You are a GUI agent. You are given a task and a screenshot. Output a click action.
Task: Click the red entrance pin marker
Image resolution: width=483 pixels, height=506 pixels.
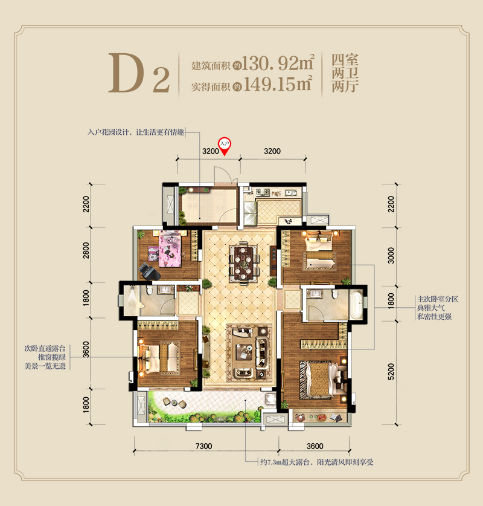click(225, 146)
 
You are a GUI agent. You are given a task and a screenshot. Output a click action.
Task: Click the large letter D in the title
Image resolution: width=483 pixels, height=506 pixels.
click(126, 73)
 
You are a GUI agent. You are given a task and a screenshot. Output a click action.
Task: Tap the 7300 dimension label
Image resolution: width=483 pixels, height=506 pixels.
click(204, 446)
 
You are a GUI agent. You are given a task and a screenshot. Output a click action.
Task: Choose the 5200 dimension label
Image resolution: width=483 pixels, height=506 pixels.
click(391, 371)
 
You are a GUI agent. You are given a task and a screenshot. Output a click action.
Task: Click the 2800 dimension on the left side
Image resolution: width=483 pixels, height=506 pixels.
click(86, 250)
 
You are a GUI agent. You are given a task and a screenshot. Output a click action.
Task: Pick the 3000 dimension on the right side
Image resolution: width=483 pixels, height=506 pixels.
click(391, 256)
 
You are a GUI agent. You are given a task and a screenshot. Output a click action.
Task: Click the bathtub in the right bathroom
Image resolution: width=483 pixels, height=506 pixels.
click(357, 304)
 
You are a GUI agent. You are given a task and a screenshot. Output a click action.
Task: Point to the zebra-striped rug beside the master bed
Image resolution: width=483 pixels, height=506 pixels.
click(304, 380)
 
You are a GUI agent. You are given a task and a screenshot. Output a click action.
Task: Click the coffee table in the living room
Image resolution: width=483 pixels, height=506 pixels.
click(243, 352)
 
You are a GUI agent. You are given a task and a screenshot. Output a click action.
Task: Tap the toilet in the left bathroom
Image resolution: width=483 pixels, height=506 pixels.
click(149, 290)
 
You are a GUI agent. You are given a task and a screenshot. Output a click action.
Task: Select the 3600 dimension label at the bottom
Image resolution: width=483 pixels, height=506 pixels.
click(315, 446)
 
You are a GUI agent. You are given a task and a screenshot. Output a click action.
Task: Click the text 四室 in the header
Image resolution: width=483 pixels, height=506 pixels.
click(345, 60)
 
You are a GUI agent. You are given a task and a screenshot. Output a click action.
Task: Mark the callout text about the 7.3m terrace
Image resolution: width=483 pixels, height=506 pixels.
click(317, 462)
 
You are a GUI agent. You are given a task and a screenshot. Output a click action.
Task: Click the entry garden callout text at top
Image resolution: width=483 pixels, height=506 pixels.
click(136, 132)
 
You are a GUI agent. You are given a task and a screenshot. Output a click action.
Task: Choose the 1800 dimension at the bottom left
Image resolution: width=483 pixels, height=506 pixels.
click(86, 404)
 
